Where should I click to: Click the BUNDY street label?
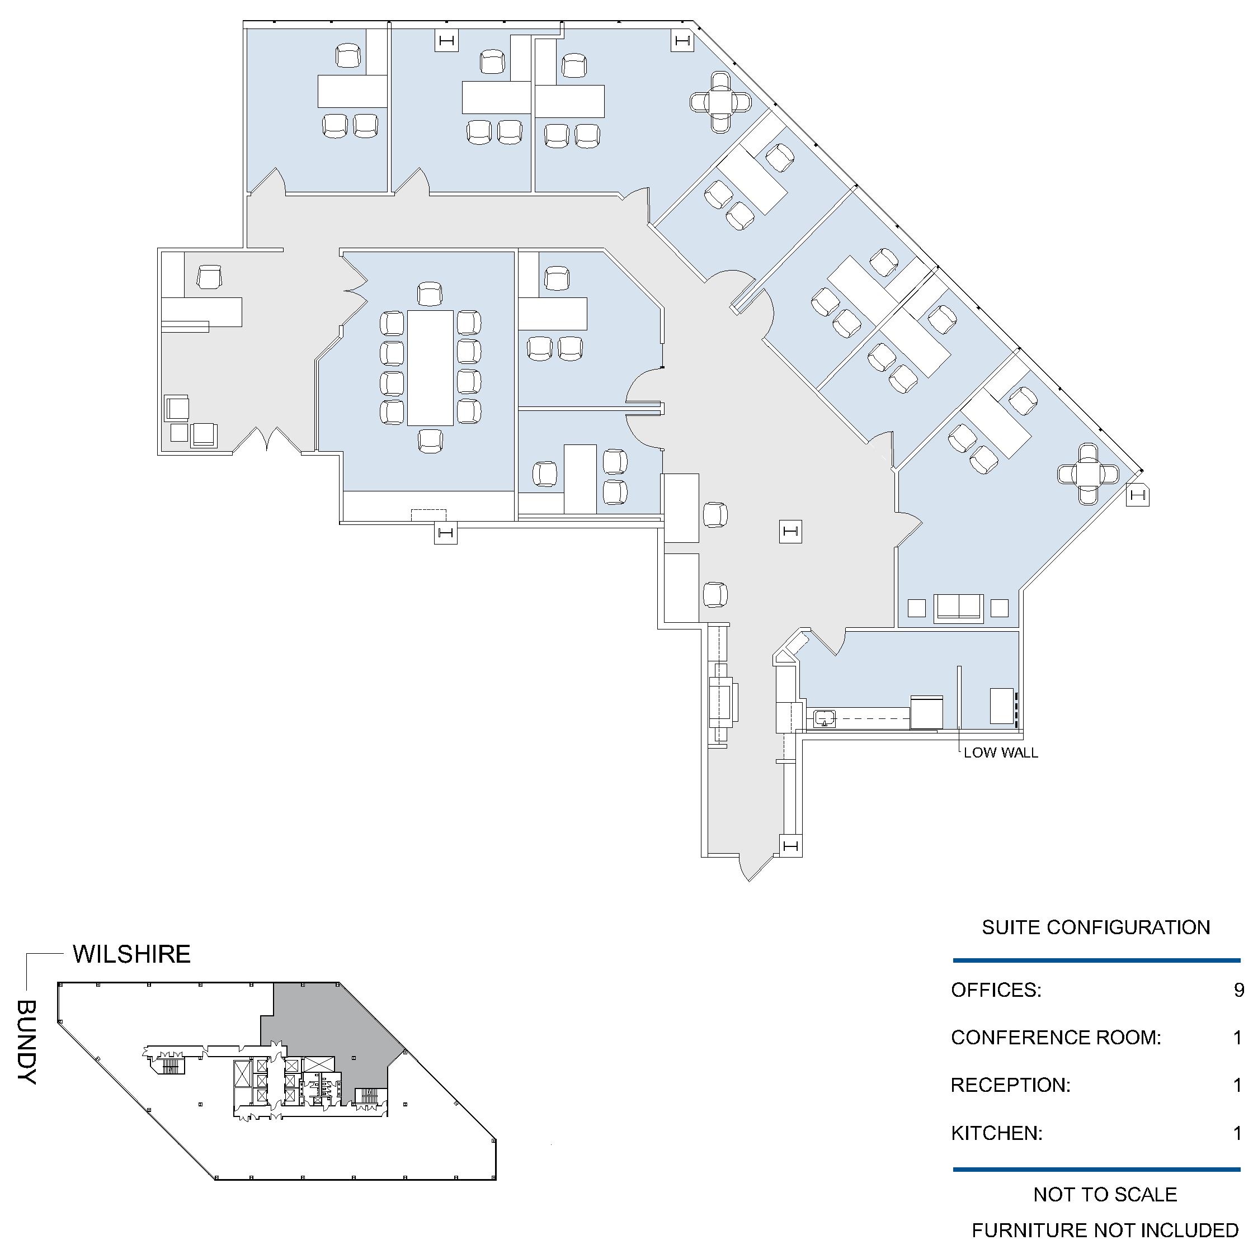(27, 1043)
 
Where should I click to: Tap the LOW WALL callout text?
(1001, 753)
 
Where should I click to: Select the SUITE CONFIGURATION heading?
(1096, 927)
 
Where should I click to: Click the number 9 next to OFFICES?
(1238, 991)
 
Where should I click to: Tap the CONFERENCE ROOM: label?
(1056, 1038)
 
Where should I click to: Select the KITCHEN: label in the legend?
(997, 1133)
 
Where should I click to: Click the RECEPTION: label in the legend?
(1010, 1085)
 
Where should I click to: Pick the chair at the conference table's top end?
(430, 294)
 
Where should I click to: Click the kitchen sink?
(825, 719)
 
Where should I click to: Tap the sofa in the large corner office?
(958, 609)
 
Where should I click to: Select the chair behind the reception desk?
(209, 276)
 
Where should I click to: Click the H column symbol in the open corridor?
(790, 532)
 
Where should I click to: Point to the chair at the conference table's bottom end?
(430, 441)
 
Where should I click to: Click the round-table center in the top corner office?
(720, 102)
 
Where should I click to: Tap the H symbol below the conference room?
(446, 533)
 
